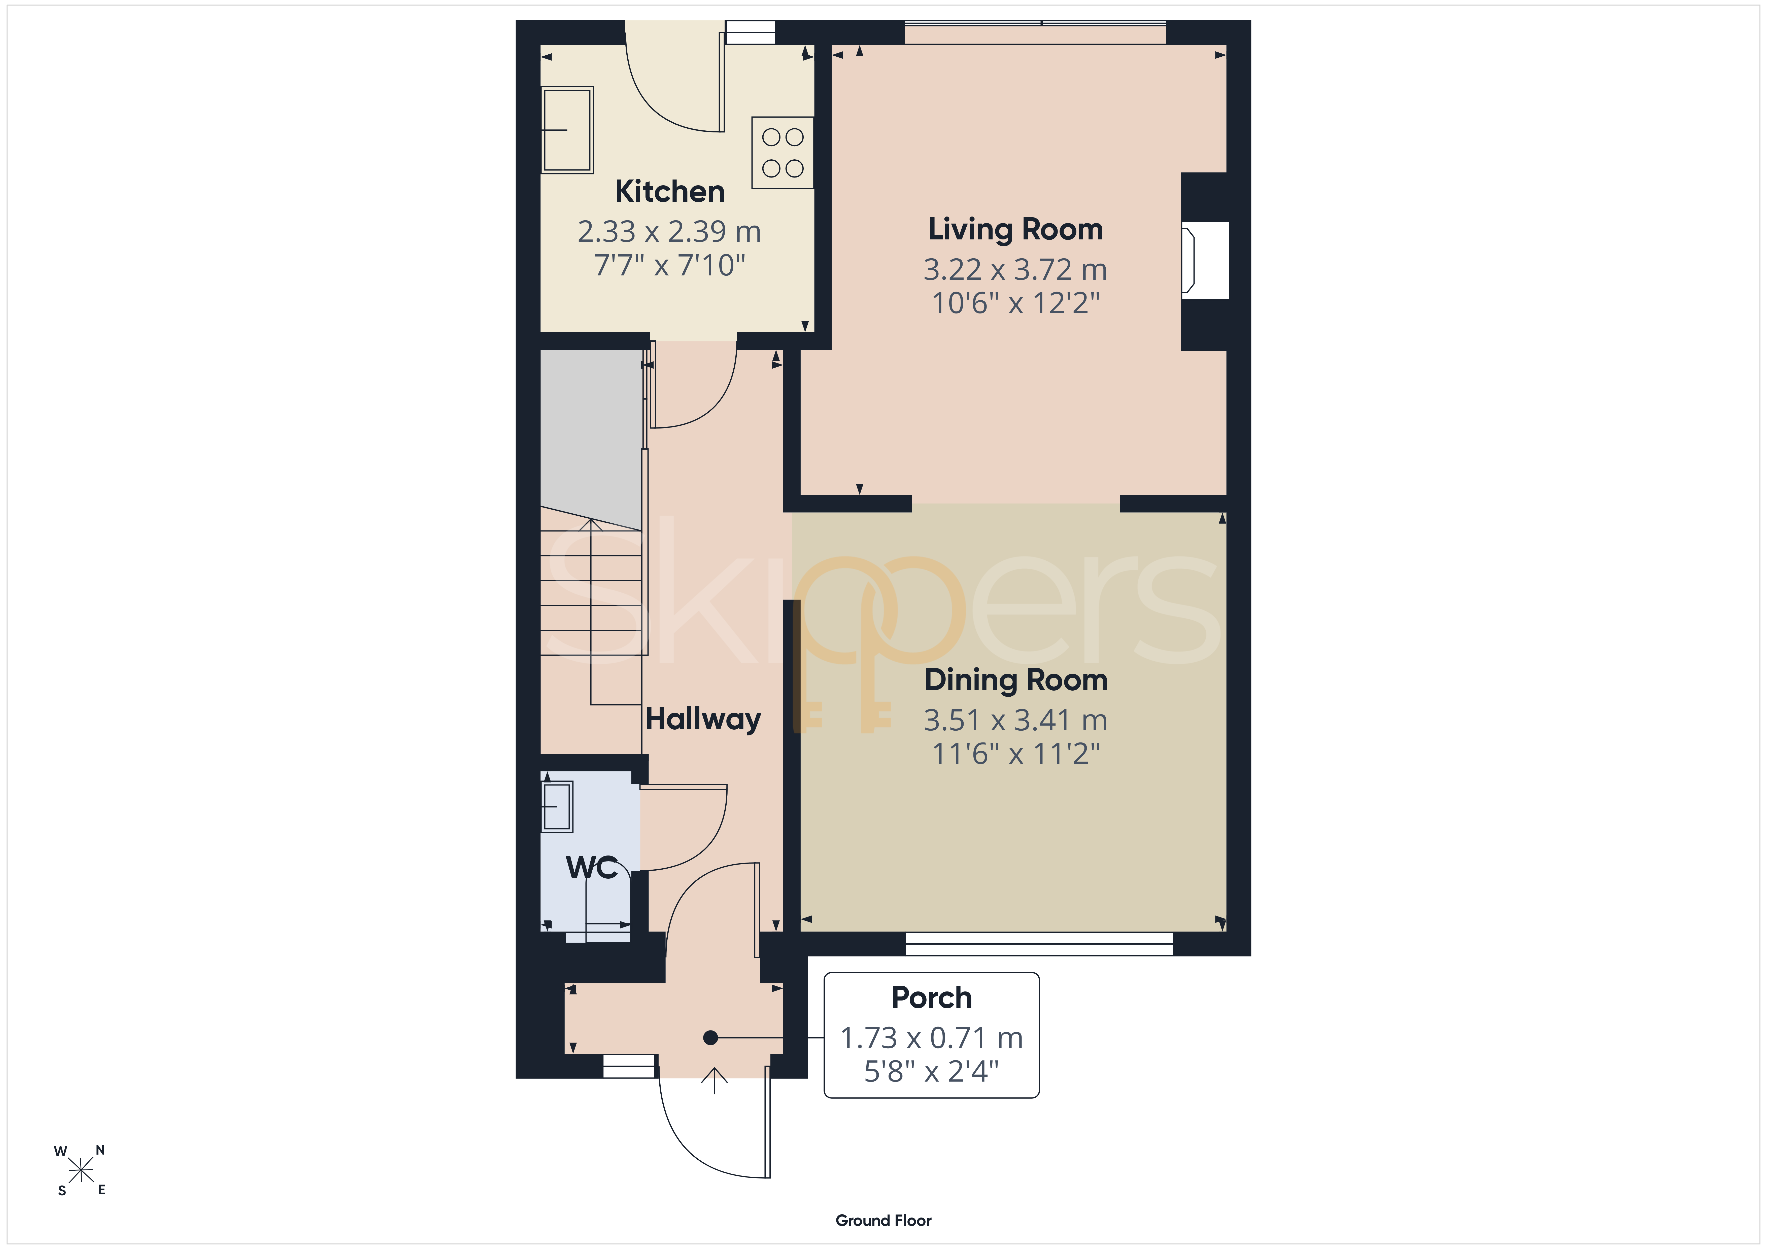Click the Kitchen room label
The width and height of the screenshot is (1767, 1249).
pyautogui.click(x=670, y=192)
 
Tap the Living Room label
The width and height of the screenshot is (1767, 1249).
pyautogui.click(x=1015, y=229)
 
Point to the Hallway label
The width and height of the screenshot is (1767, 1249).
pyautogui.click(x=703, y=719)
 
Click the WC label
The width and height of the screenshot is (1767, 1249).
pyautogui.click(x=591, y=867)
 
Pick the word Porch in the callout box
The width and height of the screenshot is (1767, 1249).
pyautogui.click(x=931, y=997)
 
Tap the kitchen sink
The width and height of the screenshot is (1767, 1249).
pyautogui.click(x=567, y=129)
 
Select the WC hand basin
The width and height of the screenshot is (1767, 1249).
pyautogui.click(x=557, y=806)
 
